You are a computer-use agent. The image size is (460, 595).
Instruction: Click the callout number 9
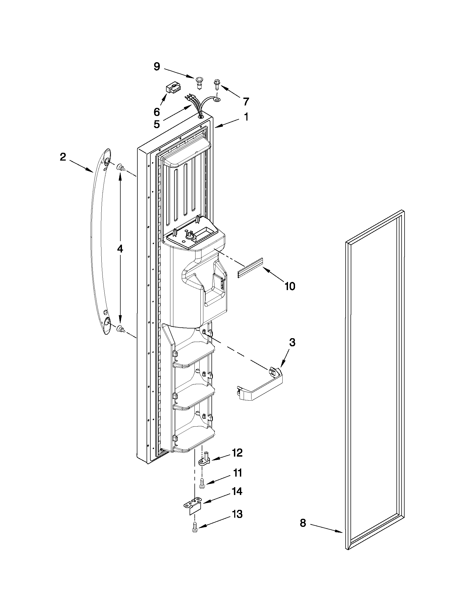(157, 67)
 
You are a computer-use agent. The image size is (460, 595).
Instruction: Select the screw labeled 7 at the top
(217, 85)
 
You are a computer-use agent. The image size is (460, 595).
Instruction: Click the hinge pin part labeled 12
(206, 460)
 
